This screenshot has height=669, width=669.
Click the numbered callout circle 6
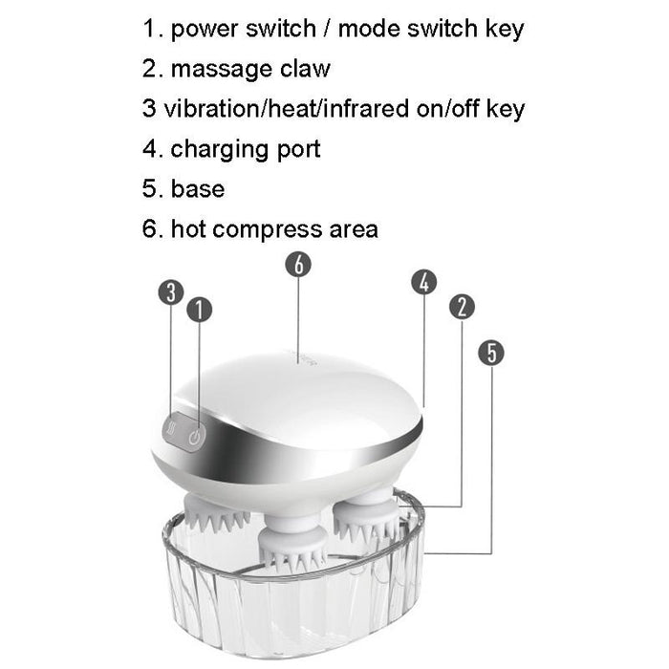point(298,265)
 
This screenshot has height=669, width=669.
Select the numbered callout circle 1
point(199,310)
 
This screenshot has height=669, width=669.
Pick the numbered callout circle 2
point(462,307)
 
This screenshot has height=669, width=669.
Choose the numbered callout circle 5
point(491,353)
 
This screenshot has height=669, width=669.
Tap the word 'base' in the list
point(198,188)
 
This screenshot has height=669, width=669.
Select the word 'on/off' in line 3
point(438,109)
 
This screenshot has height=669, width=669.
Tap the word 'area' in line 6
point(352,230)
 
